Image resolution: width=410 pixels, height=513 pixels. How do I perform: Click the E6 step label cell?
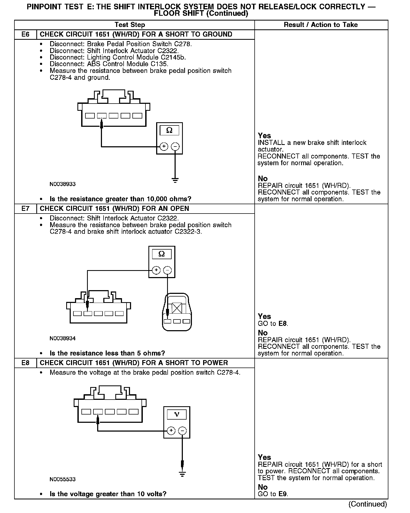coord(25,34)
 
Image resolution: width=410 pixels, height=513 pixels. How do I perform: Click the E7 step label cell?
coord(25,208)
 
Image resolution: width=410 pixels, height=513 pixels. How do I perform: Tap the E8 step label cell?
coord(25,363)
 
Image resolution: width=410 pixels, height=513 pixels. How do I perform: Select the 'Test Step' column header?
coord(130,25)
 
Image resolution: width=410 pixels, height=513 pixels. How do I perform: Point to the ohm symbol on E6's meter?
coord(169,130)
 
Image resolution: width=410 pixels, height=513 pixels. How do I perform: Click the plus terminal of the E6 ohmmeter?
coord(164,146)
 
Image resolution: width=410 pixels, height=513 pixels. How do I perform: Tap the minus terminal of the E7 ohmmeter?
coord(167,270)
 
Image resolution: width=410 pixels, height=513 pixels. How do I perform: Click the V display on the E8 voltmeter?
coord(176,415)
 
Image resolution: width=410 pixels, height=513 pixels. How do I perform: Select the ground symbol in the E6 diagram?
coord(175,180)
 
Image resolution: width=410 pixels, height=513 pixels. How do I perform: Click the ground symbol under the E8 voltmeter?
coord(182,474)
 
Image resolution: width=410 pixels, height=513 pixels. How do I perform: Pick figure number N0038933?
coord(62,184)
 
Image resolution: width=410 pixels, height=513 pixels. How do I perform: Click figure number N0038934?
coord(62,338)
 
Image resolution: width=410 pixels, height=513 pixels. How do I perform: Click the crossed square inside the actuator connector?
coord(177,308)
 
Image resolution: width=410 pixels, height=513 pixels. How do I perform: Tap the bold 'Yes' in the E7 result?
coord(264,317)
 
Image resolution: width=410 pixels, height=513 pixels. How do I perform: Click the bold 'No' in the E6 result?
coord(263,179)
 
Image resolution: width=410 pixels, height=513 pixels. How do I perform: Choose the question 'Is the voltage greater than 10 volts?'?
coord(108,494)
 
